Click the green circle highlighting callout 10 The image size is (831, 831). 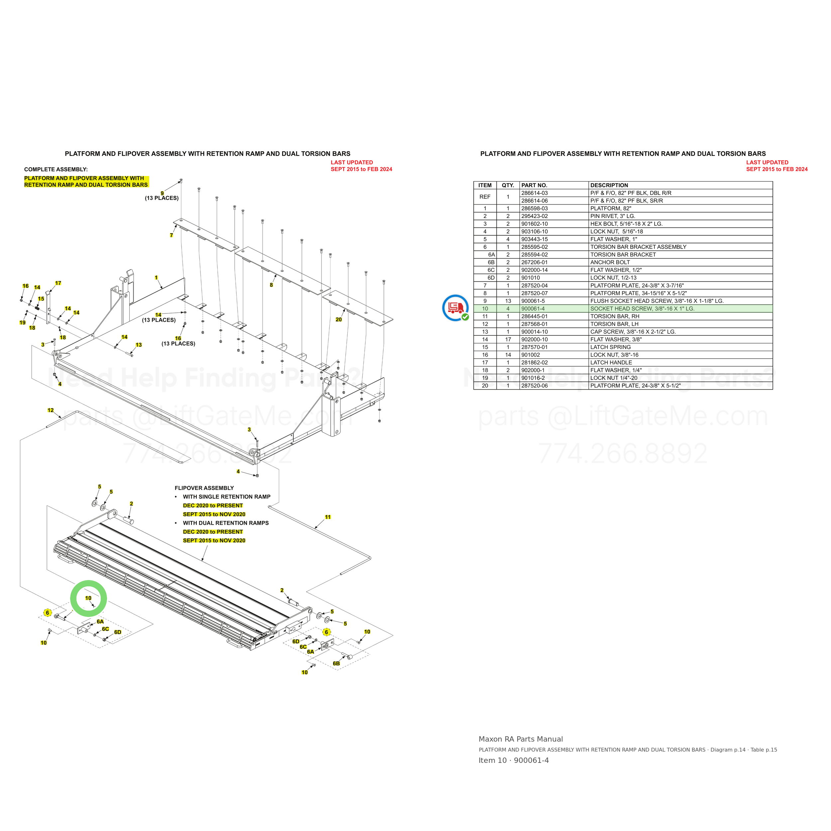point(89,581)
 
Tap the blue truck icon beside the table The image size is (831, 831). point(455,307)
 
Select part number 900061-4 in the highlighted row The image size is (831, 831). point(533,308)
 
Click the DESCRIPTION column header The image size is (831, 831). point(609,185)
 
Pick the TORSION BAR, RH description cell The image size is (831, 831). point(615,316)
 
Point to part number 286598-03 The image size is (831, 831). point(534,208)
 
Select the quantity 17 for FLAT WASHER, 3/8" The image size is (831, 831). point(508,339)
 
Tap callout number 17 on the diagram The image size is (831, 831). point(58,283)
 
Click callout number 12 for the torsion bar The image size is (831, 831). point(51,410)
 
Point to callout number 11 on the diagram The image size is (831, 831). point(328,517)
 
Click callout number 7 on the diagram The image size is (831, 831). point(172,235)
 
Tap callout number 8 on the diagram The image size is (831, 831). point(272,285)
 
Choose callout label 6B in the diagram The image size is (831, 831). point(336,663)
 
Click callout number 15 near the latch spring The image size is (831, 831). point(41,298)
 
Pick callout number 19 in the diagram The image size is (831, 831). point(22,322)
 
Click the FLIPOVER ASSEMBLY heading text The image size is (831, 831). point(204,488)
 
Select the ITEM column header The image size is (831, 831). point(485,185)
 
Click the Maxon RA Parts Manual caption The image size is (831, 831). point(521,739)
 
